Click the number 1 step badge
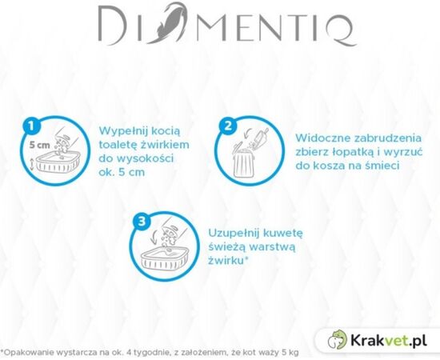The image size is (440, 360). pyautogui.click(x=30, y=126)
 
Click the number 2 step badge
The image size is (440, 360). pyautogui.click(x=228, y=126)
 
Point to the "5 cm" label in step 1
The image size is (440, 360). pyautogui.click(x=38, y=147)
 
